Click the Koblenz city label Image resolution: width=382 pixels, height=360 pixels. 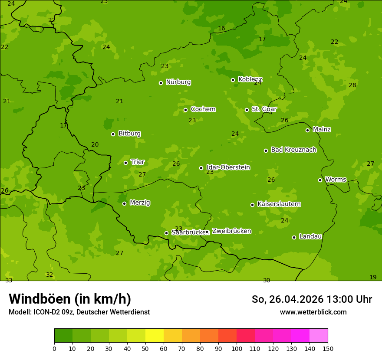pos(250,79)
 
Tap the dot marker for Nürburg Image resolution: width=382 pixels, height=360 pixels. pos(161,83)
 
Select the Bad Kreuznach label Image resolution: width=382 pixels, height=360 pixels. pos(293,150)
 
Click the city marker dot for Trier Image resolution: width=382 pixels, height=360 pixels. pos(126,163)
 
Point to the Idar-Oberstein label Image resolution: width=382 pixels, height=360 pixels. pos(228,167)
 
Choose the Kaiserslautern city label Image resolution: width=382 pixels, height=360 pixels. pos(279,204)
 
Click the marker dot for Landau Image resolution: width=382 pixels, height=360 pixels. pos(294,237)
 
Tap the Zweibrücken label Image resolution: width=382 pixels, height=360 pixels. pos(231,231)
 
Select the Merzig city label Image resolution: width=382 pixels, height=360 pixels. pos(140,203)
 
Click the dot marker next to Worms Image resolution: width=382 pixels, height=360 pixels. pos(320,180)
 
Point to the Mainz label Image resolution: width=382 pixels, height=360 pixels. pos(322,129)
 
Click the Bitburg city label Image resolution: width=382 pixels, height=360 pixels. pos(129,134)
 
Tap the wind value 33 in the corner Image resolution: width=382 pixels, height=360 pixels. pos(9,280)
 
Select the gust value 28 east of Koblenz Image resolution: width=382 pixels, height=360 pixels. pos(352,85)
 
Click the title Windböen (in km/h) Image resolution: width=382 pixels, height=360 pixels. pos(70,299)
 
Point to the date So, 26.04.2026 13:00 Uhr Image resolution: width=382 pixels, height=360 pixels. pos(312,299)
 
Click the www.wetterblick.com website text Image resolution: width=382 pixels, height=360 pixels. pos(313,312)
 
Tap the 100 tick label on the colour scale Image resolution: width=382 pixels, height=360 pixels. pos(237,348)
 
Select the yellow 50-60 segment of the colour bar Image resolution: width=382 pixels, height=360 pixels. pos(155,336)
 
